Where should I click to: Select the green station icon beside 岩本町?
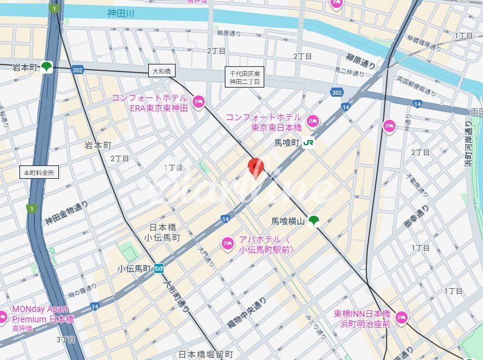point(47,67)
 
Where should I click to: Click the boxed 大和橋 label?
point(162,71)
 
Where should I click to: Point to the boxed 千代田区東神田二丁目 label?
point(244,77)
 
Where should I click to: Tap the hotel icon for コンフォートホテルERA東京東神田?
point(198,101)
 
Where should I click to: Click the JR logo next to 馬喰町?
point(309,143)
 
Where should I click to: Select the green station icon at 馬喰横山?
point(313,221)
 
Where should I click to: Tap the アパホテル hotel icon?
point(228,243)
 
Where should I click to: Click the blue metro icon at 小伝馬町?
point(159,268)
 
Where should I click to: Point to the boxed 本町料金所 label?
point(39,173)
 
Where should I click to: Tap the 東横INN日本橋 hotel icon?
point(401,317)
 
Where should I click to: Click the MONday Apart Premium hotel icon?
point(3,316)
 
